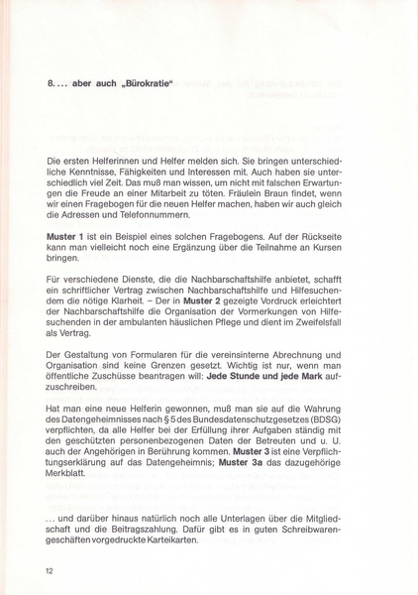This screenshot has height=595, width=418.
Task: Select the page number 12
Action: [50, 571]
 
